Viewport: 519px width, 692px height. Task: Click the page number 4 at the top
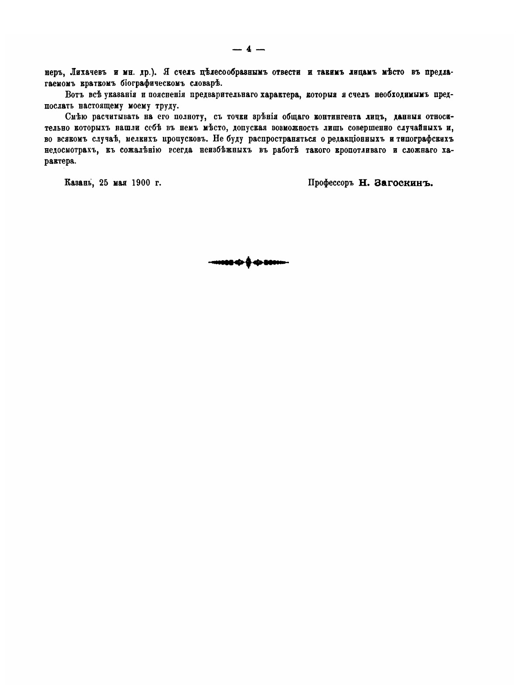[248, 49]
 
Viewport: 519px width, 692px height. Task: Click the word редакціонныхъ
[356, 139]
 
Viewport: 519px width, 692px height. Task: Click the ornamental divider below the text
[248, 262]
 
